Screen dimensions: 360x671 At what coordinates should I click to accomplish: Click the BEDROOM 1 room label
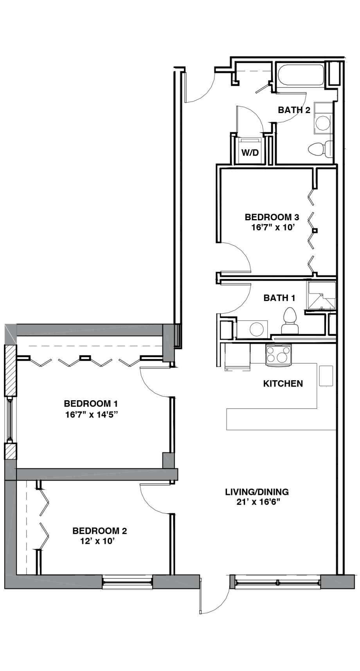tap(91, 403)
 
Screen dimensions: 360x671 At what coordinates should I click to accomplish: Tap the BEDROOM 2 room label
tap(100, 531)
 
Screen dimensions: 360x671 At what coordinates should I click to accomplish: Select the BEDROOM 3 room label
tap(272, 217)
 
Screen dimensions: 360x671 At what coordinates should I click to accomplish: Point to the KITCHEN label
tap(283, 383)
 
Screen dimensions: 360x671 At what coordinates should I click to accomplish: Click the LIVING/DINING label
tap(257, 492)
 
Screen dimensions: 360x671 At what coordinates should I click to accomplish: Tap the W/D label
tap(250, 153)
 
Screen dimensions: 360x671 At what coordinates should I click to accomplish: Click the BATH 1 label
tap(279, 298)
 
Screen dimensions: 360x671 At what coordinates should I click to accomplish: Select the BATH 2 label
tap(294, 110)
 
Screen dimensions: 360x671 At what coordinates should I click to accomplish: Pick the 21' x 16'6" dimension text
tap(258, 502)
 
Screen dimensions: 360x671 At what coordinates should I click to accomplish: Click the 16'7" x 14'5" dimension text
tap(92, 414)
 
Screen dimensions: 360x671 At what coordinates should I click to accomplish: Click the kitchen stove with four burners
tap(278, 354)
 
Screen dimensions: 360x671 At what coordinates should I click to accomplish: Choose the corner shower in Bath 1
tap(322, 296)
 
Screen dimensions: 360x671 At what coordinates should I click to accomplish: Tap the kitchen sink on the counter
tap(326, 376)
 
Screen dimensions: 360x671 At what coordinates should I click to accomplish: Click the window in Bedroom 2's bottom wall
tap(128, 582)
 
